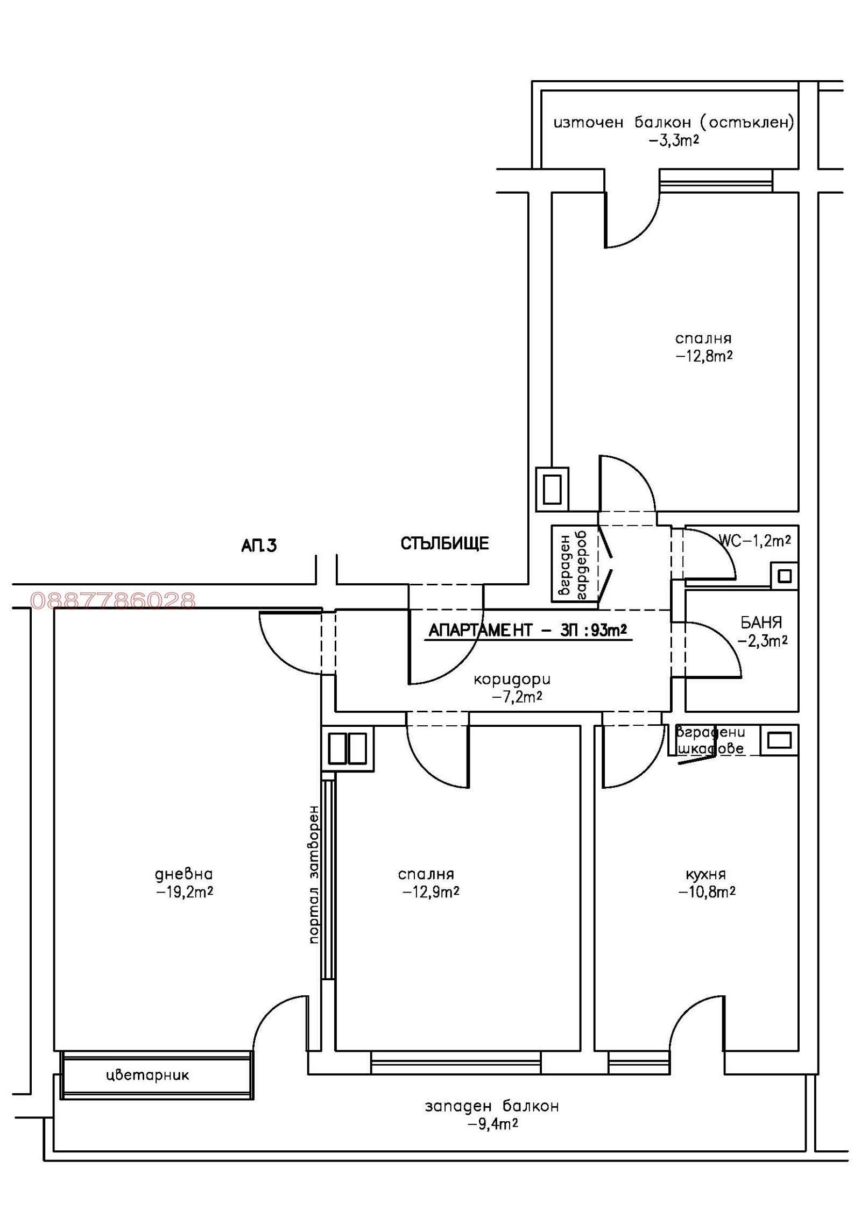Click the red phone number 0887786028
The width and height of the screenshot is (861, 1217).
point(112,600)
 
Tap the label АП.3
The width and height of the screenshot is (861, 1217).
point(258,546)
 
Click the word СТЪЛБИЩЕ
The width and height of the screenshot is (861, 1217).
point(444,543)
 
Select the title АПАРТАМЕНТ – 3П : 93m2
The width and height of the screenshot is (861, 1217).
point(527,630)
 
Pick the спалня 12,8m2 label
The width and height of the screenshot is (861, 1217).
point(703,347)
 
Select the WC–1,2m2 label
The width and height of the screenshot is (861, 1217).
point(754,541)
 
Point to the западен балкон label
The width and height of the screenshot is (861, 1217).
point(492,1115)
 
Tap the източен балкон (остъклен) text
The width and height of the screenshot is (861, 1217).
point(673,123)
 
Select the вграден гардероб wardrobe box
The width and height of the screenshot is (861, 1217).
point(574,563)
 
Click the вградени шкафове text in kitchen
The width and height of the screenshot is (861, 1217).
point(710,740)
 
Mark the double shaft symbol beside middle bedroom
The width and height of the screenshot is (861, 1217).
point(347,748)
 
